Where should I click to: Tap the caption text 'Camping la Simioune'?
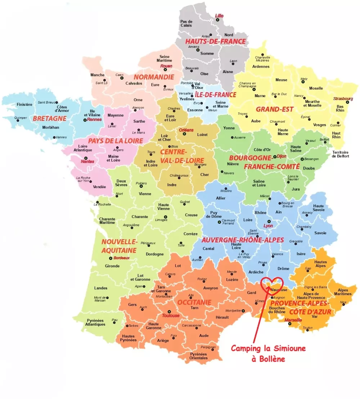[x=268, y=348]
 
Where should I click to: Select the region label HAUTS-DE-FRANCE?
[x=215, y=41]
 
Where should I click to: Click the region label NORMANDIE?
[x=154, y=77]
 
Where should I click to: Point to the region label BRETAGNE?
[x=49, y=118]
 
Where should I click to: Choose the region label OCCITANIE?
[x=194, y=302]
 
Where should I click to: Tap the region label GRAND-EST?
[x=274, y=109]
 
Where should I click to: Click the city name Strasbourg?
[x=343, y=98]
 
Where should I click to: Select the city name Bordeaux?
[x=121, y=258]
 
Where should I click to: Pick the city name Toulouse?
[x=171, y=316]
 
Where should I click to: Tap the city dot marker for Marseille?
[x=289, y=323]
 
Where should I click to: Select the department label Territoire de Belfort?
[x=340, y=154]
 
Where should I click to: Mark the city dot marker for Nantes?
[x=86, y=158]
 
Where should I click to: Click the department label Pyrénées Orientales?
[x=198, y=356]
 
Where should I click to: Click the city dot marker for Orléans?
[x=184, y=134]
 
